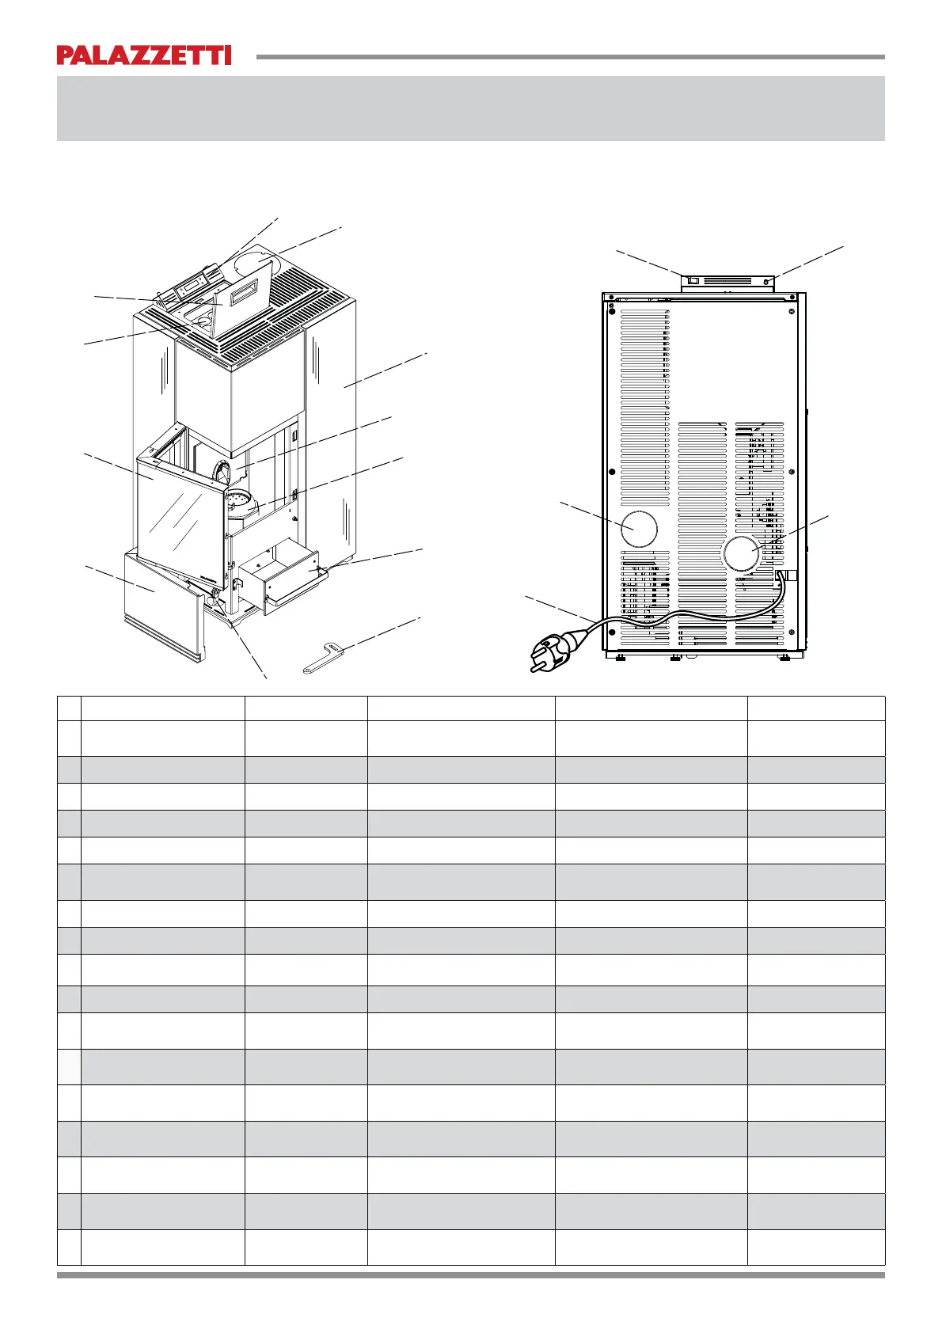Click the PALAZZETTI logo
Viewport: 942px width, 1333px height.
(143, 55)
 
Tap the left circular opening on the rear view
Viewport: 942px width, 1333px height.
(639, 529)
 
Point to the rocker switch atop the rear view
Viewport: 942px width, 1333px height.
(693, 279)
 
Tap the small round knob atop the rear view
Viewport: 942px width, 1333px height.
(766, 280)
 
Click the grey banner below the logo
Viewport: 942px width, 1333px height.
(470, 108)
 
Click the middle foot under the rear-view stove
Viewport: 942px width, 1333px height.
(674, 656)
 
